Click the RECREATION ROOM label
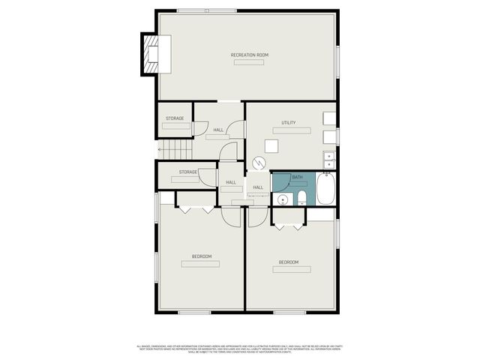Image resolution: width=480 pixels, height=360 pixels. tap(249, 55)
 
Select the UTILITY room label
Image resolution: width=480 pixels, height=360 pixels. tap(289, 122)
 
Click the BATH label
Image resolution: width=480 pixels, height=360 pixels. tap(298, 177)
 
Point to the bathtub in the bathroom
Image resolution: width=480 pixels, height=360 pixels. tap(326, 190)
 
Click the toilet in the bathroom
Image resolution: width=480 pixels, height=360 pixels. tap(300, 197)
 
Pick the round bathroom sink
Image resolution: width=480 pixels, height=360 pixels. tap(283, 199)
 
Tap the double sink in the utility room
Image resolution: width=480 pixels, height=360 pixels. tap(329, 159)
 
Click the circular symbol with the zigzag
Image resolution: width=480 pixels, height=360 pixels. tap(259, 162)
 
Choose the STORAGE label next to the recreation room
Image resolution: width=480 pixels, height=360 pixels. tap(175, 118)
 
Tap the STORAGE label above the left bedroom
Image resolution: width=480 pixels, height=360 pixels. tap(187, 172)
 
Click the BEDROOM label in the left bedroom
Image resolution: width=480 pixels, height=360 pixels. tap(202, 256)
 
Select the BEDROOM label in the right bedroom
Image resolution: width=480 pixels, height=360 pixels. tap(289, 262)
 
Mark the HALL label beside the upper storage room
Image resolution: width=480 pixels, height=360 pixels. tap(218, 130)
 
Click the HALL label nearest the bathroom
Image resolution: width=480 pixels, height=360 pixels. tap(257, 187)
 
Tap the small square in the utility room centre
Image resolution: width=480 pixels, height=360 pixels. tap(279, 145)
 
